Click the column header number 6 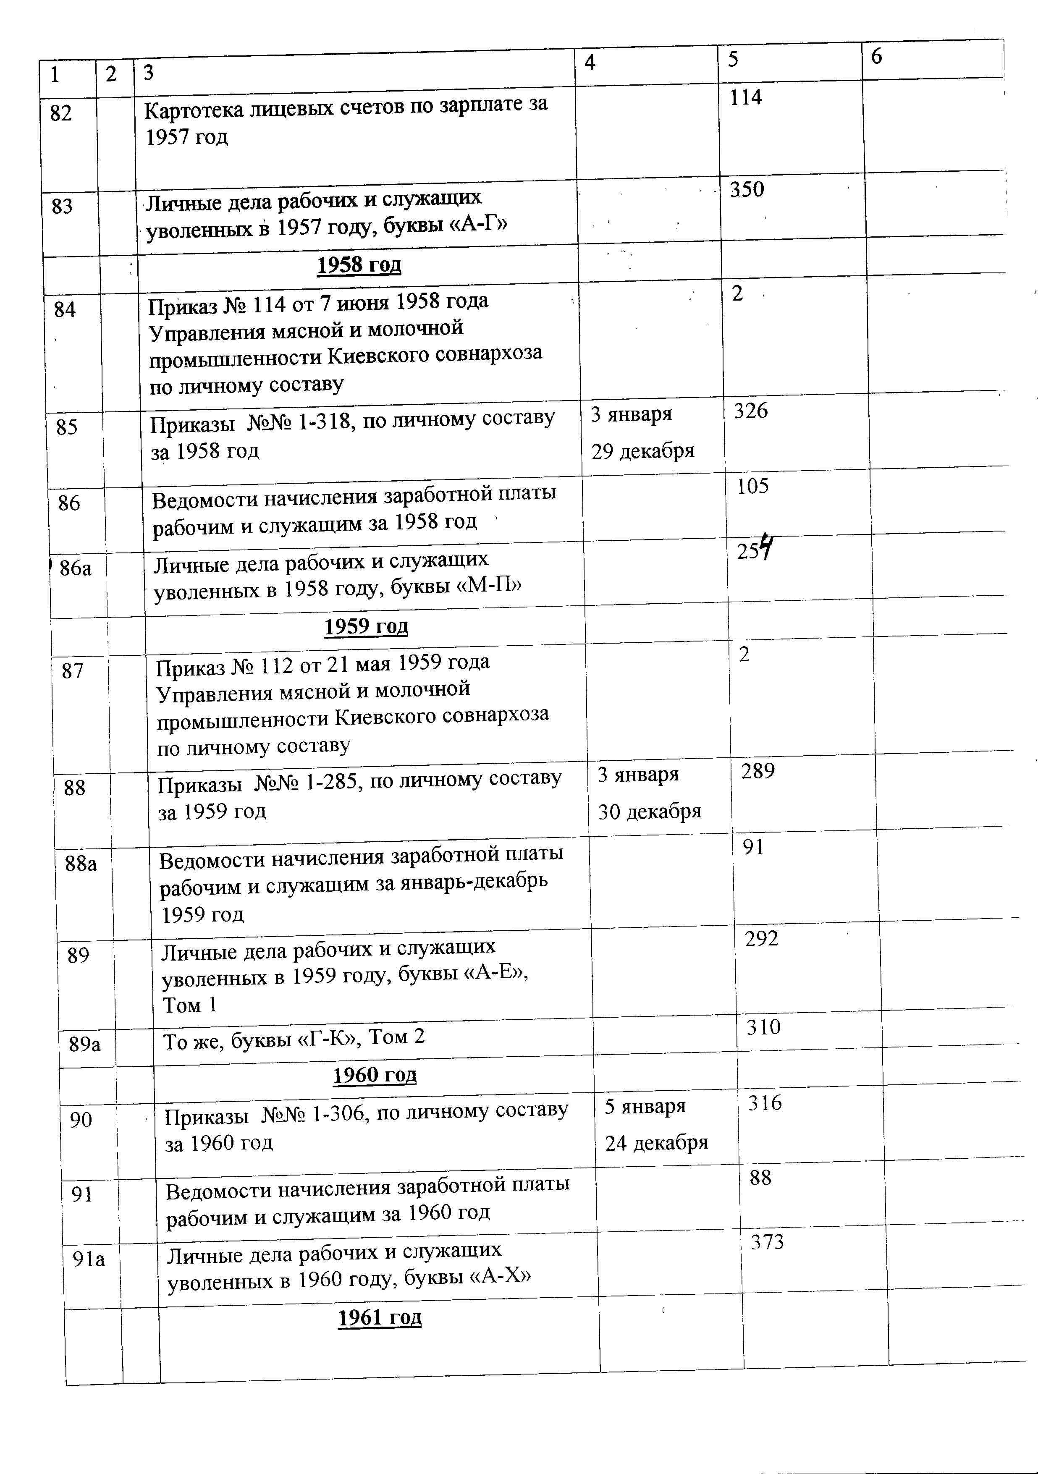[x=876, y=57]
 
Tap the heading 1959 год [x=366, y=626]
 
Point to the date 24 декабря [x=656, y=1143]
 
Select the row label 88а [x=81, y=864]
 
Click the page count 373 [x=768, y=1242]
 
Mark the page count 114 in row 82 [x=745, y=97]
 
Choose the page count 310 [x=763, y=1027]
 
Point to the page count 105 [x=752, y=487]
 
